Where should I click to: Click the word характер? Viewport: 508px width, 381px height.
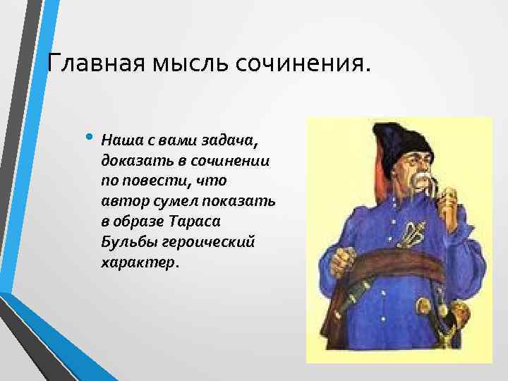(x=139, y=262)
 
